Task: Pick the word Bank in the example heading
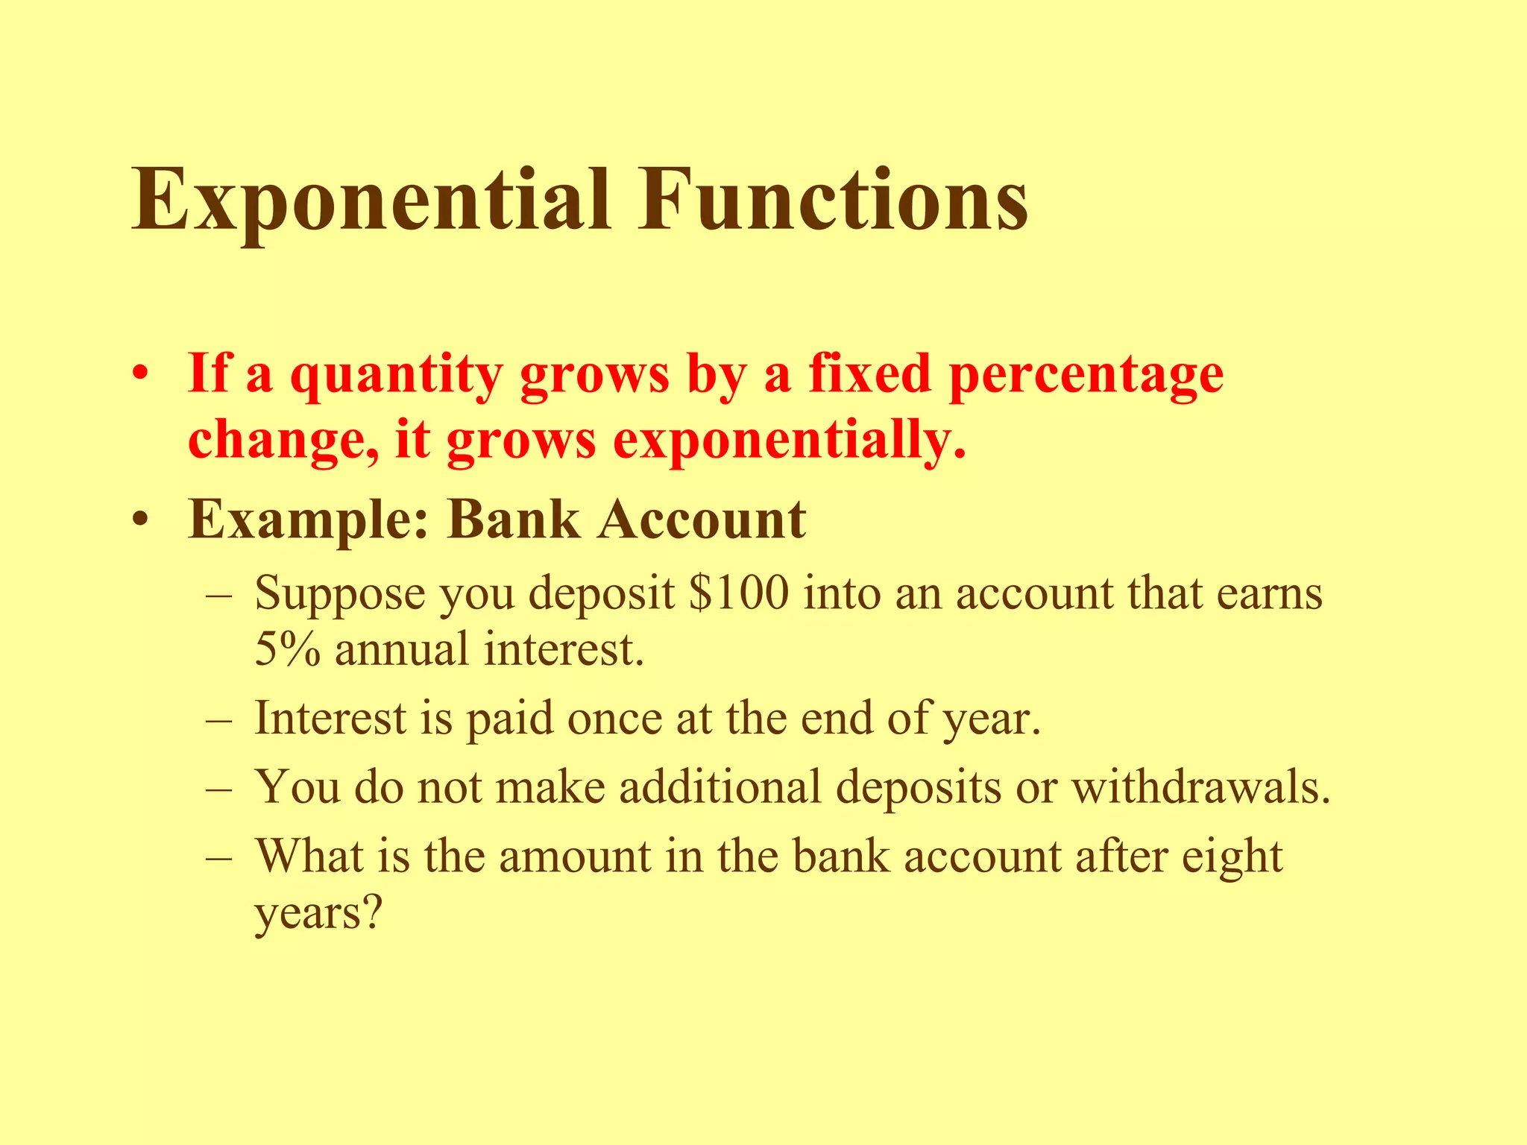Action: coord(514,519)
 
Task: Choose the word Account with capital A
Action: coord(702,519)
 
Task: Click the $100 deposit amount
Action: coord(739,595)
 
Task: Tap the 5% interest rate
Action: coord(287,649)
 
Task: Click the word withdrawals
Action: coord(1200,787)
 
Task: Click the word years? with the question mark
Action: coord(318,912)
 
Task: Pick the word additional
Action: coord(720,787)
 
